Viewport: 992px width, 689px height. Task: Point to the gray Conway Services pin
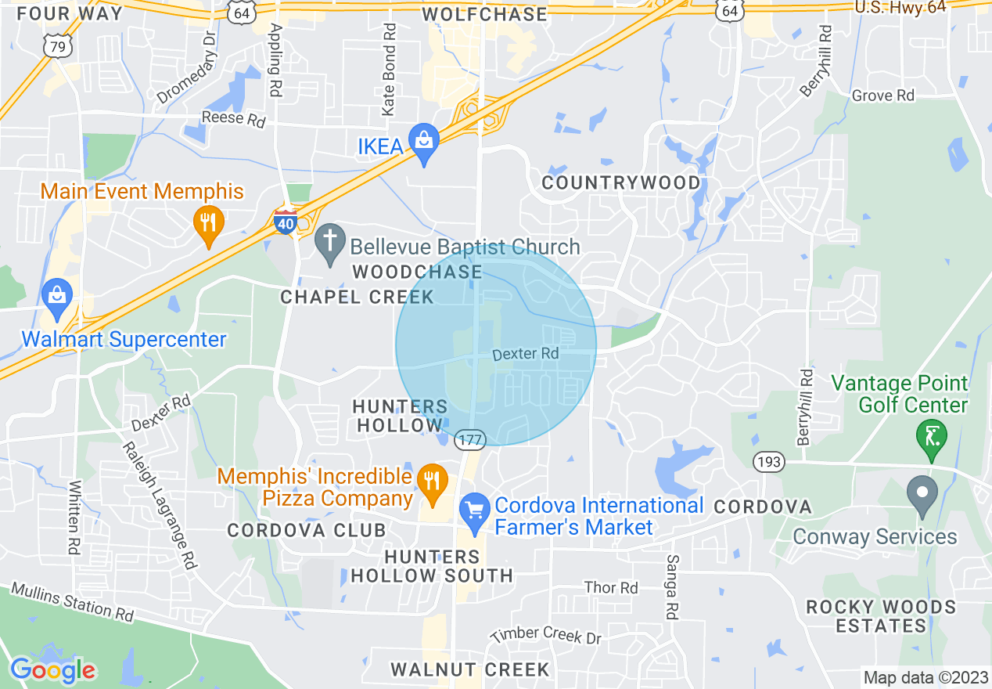(922, 495)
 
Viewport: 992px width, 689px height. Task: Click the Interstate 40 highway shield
(286, 222)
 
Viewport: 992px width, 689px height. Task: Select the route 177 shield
(471, 439)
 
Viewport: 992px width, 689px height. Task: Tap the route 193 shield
(769, 462)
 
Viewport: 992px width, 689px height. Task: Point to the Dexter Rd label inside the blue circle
(526, 354)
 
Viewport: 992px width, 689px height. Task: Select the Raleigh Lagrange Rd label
(159, 506)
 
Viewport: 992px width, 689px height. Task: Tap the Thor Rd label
(611, 587)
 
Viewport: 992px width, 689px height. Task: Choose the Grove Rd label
(882, 96)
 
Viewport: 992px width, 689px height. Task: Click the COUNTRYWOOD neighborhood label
(621, 183)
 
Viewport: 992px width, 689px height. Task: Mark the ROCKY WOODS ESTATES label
(881, 616)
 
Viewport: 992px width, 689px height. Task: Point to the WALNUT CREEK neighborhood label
(469, 669)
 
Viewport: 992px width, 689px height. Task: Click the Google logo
(52, 670)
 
